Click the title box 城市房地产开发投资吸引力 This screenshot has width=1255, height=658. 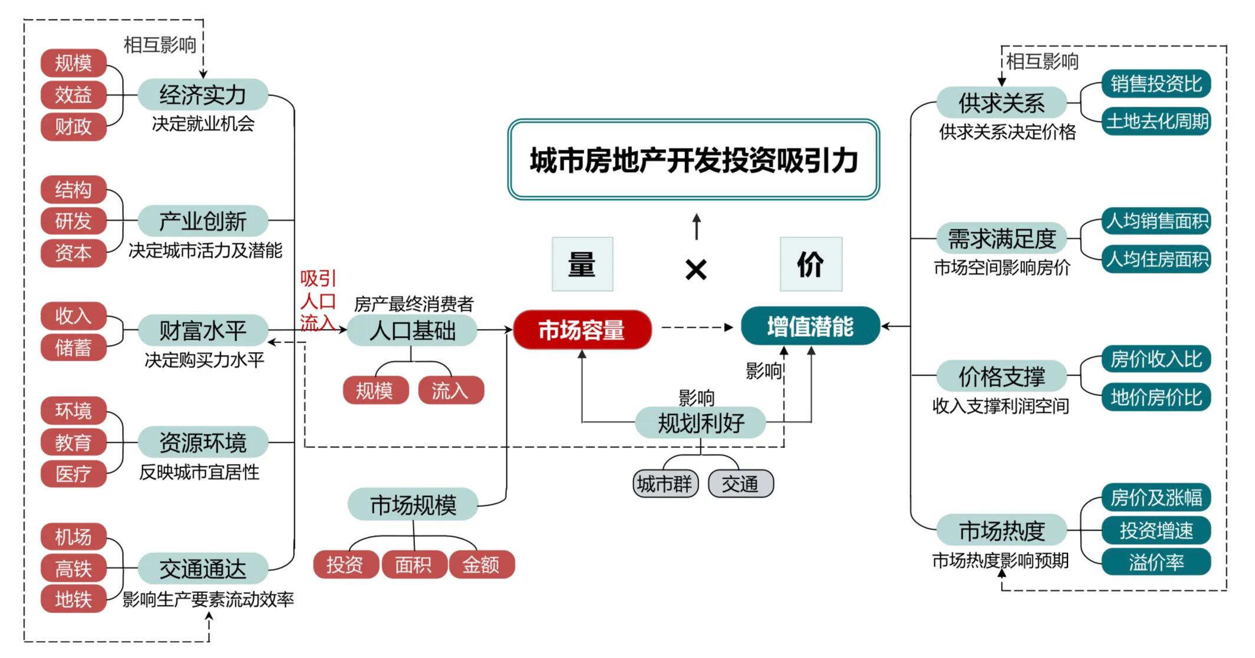tap(693, 160)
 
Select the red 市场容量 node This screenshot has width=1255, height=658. tap(582, 330)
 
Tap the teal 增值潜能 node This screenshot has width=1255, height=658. tap(810, 326)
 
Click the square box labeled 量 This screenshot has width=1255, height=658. tap(582, 264)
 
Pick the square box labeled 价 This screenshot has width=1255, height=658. tap(811, 264)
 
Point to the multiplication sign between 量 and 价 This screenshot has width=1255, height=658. tap(696, 270)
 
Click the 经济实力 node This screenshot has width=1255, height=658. tap(203, 94)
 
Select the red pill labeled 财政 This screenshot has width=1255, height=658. tap(73, 126)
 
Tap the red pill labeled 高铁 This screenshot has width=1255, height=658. tap(73, 568)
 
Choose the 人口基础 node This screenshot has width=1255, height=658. tap(411, 330)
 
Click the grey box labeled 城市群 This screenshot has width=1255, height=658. tap(665, 484)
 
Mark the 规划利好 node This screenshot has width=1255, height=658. tap(700, 423)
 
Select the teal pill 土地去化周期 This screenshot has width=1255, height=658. tap(1157, 121)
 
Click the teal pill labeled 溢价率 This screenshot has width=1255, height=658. tap(1156, 562)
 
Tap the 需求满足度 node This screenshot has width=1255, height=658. tap(1001, 239)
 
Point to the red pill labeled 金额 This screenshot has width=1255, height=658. tap(481, 565)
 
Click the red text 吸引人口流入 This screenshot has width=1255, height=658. tap(318, 301)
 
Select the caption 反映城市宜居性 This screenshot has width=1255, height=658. tap(199, 472)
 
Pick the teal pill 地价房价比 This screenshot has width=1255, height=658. tap(1156, 397)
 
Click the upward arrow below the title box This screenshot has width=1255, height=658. tap(696, 226)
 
